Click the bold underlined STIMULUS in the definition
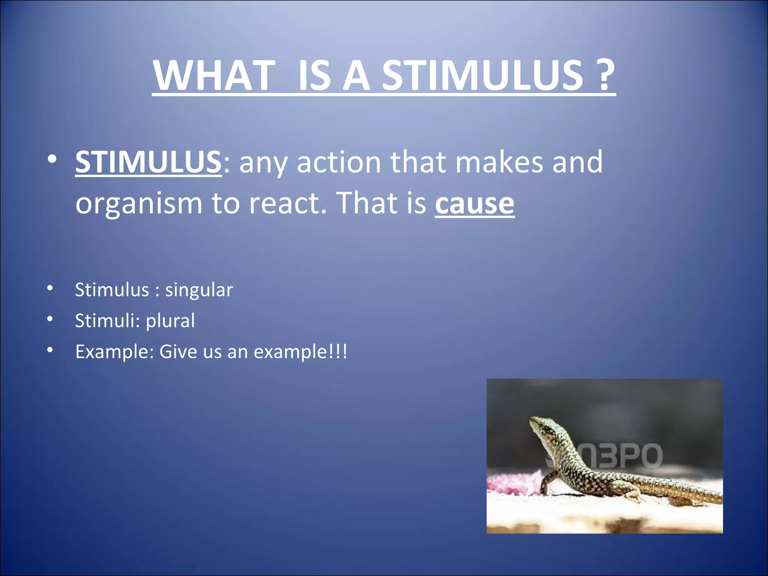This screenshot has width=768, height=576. pos(148,162)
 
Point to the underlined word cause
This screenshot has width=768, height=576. pos(474,203)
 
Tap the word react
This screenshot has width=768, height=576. pos(288,203)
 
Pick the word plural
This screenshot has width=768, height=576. pos(170,321)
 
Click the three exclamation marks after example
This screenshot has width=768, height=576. pos(338,352)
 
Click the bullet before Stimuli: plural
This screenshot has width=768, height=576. pos(50,319)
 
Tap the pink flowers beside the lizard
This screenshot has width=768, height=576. pos(514,484)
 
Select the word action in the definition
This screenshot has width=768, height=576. pos(339,162)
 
